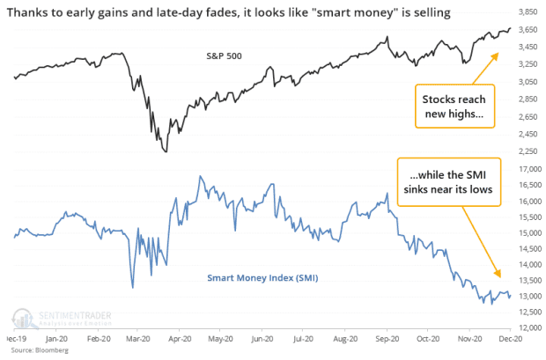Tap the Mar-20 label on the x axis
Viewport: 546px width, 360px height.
[135, 338]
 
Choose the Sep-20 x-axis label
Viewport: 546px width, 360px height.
[384, 338]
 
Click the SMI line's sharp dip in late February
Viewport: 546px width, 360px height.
[132, 287]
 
